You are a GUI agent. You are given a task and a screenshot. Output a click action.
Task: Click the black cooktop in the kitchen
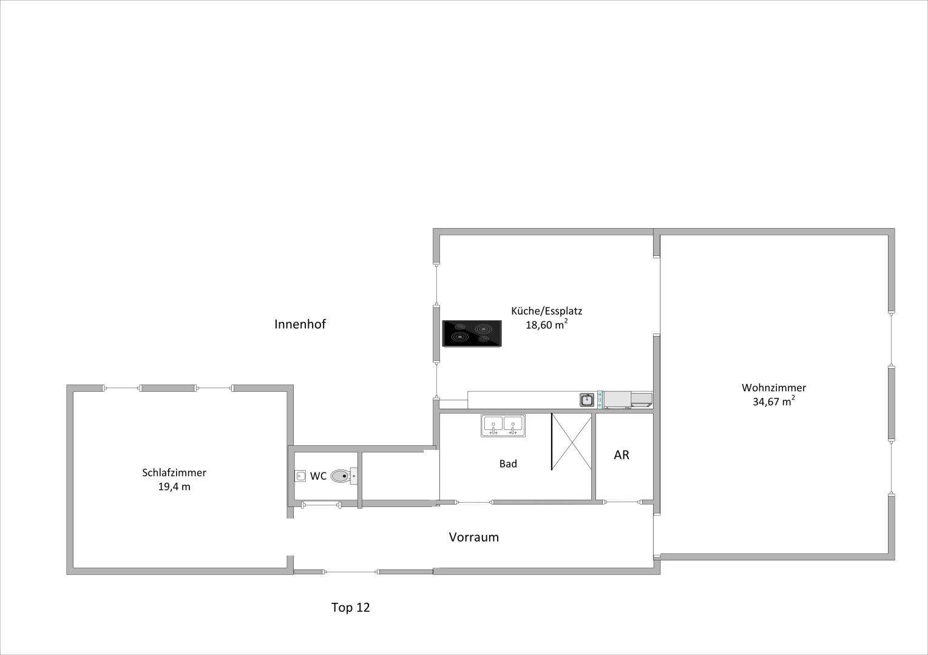pyautogui.click(x=472, y=334)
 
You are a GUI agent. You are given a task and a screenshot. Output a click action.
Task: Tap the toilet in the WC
pyautogui.click(x=344, y=476)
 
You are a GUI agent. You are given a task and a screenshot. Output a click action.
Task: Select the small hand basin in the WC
pyautogui.click(x=300, y=476)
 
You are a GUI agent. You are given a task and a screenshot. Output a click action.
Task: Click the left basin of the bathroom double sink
pyautogui.click(x=493, y=425)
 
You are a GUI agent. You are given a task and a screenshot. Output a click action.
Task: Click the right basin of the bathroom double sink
pyautogui.click(x=513, y=425)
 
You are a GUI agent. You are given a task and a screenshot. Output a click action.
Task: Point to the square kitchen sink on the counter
pyautogui.click(x=587, y=400)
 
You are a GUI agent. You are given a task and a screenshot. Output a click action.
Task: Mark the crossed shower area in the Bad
pyautogui.click(x=571, y=442)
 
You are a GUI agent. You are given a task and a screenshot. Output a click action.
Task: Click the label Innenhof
pyautogui.click(x=300, y=324)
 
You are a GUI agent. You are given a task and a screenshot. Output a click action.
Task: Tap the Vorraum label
pyautogui.click(x=474, y=537)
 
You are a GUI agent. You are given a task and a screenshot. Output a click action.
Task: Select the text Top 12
pyautogui.click(x=350, y=607)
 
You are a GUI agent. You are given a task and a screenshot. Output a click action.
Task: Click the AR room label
pyautogui.click(x=621, y=455)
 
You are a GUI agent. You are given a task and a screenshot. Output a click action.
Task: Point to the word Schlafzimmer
pyautogui.click(x=174, y=473)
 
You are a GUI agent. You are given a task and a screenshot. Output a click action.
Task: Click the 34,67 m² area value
pyautogui.click(x=774, y=401)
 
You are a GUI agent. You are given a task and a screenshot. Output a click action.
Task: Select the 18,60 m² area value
pyautogui.click(x=546, y=324)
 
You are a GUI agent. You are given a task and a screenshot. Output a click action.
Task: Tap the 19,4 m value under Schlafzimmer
pyautogui.click(x=174, y=487)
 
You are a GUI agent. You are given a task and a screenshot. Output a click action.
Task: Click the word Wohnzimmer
pyautogui.click(x=774, y=388)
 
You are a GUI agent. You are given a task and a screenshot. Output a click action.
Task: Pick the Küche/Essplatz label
pyautogui.click(x=546, y=311)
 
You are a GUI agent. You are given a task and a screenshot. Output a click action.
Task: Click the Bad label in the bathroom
pyautogui.click(x=508, y=464)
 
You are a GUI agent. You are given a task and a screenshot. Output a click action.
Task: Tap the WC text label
pyautogui.click(x=318, y=477)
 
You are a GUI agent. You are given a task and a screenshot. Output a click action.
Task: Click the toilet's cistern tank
pyautogui.click(x=354, y=476)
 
